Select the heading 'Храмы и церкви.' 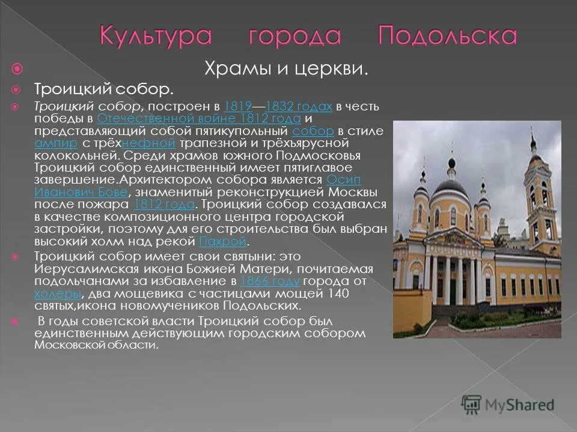pyautogui.click(x=287, y=69)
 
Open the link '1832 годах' pyautogui.click(x=299, y=107)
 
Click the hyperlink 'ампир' pyautogui.click(x=56, y=143)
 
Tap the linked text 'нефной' pyautogui.click(x=148, y=143)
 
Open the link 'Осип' pyautogui.click(x=344, y=180)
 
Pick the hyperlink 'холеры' pyautogui.click(x=57, y=293)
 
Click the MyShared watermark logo pyautogui.click(x=508, y=404)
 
